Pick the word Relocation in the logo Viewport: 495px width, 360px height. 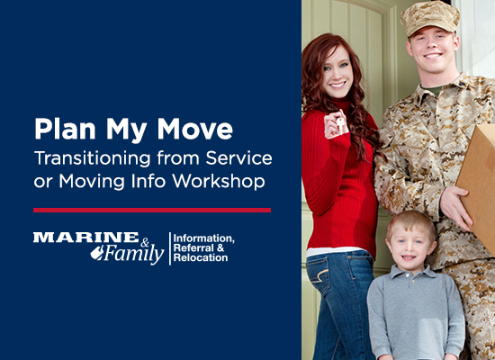tap(202, 258)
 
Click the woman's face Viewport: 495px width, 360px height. tap(338, 72)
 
